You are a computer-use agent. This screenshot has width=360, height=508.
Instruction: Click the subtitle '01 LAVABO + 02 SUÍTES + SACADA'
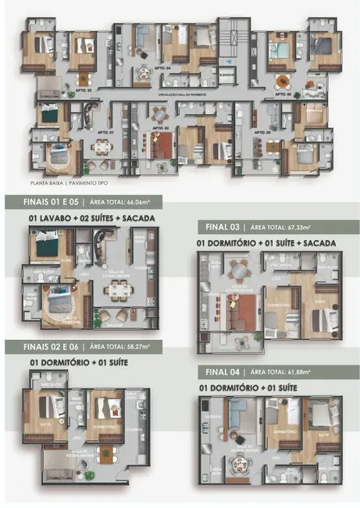point(91,217)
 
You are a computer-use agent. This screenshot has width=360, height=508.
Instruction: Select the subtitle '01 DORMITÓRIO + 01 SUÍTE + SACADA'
point(268,243)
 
